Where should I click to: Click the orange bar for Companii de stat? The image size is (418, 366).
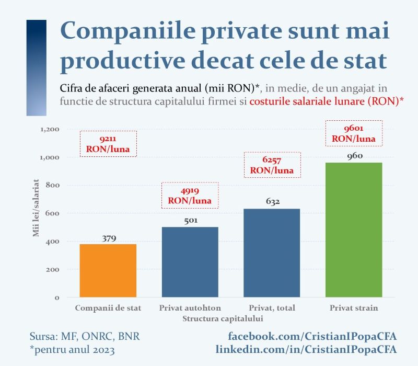[x=108, y=271]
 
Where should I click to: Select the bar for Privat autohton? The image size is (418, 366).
[x=190, y=262]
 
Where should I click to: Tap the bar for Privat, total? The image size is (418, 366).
[x=272, y=253]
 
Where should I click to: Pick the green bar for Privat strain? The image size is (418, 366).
[x=354, y=230]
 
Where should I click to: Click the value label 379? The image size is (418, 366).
[x=108, y=239]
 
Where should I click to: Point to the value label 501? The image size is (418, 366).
[x=190, y=221]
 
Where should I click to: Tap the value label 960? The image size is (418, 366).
[x=354, y=156]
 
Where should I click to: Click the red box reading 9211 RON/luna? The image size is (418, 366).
[x=108, y=144]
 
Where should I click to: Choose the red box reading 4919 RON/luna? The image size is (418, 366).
[x=190, y=195]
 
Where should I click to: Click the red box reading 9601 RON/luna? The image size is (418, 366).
[x=354, y=133]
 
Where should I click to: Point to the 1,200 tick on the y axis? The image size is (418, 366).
[x=50, y=129]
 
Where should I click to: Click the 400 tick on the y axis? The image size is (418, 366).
[x=54, y=242]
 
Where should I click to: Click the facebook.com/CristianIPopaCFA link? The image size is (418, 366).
[x=312, y=335]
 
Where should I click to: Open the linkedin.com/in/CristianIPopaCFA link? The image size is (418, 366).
[x=306, y=348]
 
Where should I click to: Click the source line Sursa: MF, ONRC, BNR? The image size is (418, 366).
[x=84, y=335]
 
